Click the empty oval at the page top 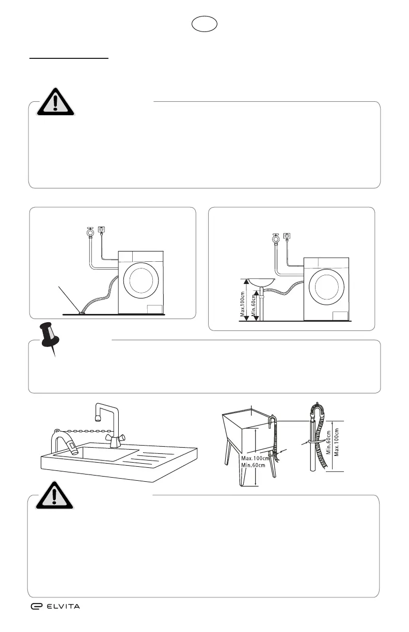204,24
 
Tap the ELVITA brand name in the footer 63,606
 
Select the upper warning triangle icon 56,102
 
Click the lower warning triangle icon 54,496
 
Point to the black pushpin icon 50,339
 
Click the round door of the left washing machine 141,280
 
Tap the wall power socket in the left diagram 101,229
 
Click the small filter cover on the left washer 155,309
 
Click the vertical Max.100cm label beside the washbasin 243,304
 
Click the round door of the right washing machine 326,287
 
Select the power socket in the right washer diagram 287,236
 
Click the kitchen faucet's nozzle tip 98,418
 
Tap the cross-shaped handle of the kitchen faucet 116,438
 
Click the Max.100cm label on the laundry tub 255,459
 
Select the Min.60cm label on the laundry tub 253,465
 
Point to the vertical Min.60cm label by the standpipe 328,443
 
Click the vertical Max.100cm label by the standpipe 337,442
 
